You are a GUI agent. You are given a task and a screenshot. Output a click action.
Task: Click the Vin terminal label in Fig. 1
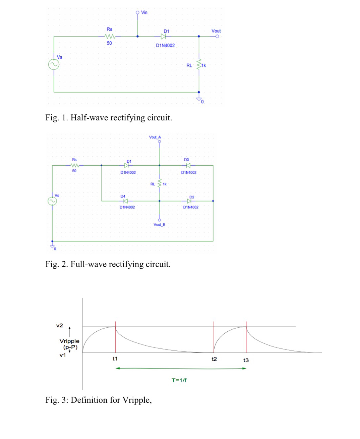coord(144,12)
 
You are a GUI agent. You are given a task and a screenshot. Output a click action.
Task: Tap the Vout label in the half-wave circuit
coord(216,31)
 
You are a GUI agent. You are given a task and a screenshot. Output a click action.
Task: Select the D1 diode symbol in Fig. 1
coord(164,37)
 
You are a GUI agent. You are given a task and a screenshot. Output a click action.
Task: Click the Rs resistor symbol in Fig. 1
coord(110,37)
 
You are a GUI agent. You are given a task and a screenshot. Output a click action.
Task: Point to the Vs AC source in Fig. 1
coord(54,64)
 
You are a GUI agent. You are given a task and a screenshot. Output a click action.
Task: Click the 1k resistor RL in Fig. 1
coord(199,64)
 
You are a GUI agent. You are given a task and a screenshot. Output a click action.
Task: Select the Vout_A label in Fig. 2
coord(155,137)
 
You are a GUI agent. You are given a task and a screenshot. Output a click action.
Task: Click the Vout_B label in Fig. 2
coord(159,224)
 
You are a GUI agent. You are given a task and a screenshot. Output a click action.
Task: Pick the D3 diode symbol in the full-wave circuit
coord(188,165)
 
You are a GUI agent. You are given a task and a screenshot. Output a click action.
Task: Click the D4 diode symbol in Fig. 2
coord(125,201)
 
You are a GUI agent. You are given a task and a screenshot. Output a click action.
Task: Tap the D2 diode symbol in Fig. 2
coord(189,201)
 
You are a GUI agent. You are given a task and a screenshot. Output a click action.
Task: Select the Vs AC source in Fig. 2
coord(52,201)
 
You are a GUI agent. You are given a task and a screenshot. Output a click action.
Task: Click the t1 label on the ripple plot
coord(115,359)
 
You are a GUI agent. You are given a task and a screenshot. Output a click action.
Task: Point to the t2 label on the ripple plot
coord(214,359)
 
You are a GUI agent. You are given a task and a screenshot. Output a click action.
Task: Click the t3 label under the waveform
coord(246,360)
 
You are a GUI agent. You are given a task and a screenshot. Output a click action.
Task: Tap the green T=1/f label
coord(179,380)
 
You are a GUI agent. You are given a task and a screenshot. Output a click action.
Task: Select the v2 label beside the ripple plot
coord(59,325)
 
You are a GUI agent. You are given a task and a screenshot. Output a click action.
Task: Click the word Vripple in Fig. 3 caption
coord(136,400)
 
